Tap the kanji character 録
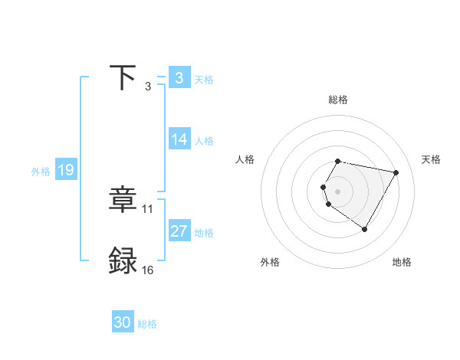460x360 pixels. click(x=123, y=261)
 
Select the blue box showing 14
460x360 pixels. click(x=179, y=139)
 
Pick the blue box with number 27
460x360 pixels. click(x=179, y=231)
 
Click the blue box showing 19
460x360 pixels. click(x=66, y=170)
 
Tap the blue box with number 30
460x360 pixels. click(x=123, y=322)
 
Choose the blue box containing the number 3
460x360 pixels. click(x=179, y=77)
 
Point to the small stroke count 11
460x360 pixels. click(x=148, y=208)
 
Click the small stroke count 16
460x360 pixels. click(x=148, y=270)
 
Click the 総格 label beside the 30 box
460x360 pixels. click(x=147, y=324)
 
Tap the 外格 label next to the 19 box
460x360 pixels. click(x=41, y=172)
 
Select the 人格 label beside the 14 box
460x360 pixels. click(x=204, y=141)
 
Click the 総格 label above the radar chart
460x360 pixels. click(x=338, y=100)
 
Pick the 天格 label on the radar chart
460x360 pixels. click(x=431, y=159)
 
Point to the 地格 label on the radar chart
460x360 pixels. click(x=402, y=262)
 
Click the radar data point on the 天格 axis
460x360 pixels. click(x=396, y=172)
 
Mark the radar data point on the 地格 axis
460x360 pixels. click(x=364, y=229)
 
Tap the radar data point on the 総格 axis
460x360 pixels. click(x=338, y=162)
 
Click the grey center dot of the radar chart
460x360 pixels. click(x=338, y=191)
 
